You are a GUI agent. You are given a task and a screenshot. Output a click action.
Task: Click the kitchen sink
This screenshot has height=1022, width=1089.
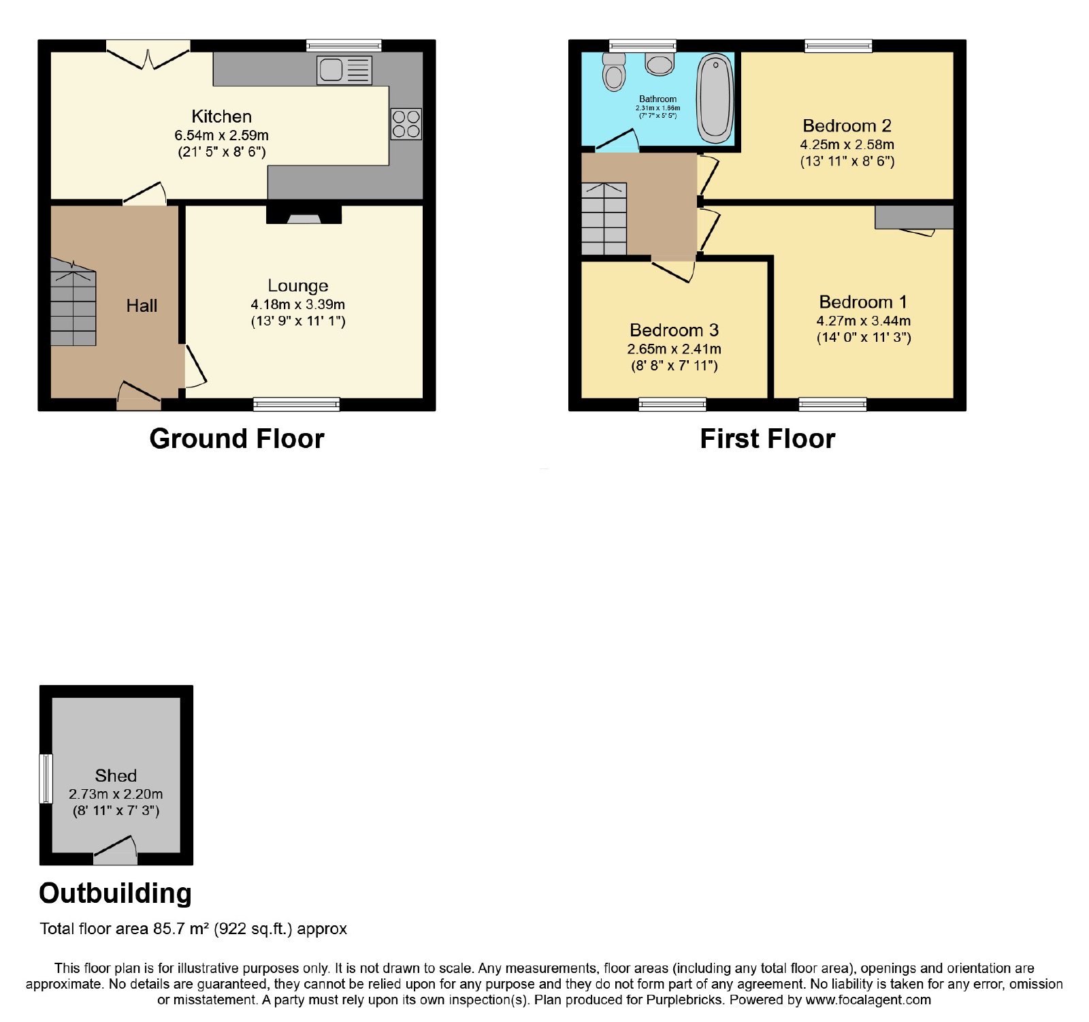click(x=344, y=70)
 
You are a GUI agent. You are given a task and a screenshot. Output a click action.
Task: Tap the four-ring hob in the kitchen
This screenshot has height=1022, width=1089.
click(x=406, y=124)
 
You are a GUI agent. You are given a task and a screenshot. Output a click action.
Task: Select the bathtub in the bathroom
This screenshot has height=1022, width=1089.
click(x=715, y=99)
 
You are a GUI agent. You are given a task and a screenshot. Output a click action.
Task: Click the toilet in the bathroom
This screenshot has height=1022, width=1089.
click(x=614, y=71)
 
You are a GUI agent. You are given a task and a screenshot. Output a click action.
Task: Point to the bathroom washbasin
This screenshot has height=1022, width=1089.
click(x=660, y=63)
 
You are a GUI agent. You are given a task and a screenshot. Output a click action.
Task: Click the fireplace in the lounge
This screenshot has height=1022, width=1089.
click(x=304, y=214)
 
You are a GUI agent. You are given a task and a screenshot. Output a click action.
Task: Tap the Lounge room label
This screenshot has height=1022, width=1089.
click(x=298, y=286)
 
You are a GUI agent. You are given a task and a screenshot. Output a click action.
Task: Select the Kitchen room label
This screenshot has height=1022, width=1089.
click(x=221, y=116)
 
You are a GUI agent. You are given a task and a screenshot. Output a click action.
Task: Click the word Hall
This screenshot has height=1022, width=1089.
click(x=142, y=306)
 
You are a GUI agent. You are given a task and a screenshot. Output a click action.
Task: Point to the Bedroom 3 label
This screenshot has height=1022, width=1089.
click(x=674, y=330)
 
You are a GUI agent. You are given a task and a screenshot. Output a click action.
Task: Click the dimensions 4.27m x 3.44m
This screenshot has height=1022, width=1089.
click(x=864, y=321)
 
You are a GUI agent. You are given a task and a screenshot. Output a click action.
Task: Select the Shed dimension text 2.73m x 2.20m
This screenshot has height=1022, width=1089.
click(x=116, y=794)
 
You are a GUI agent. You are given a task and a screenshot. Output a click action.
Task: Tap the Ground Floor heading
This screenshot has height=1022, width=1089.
click(x=237, y=438)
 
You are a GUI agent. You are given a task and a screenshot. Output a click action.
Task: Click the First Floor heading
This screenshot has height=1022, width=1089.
click(x=768, y=438)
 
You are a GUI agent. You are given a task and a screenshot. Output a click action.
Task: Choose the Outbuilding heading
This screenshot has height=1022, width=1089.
click(x=115, y=893)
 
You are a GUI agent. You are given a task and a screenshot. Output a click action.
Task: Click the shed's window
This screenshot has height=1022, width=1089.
click(x=46, y=778)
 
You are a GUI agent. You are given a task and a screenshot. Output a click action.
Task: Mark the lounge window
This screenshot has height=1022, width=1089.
click(x=296, y=404)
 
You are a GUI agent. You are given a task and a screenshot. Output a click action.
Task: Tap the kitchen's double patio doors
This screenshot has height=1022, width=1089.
click(x=148, y=54)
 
